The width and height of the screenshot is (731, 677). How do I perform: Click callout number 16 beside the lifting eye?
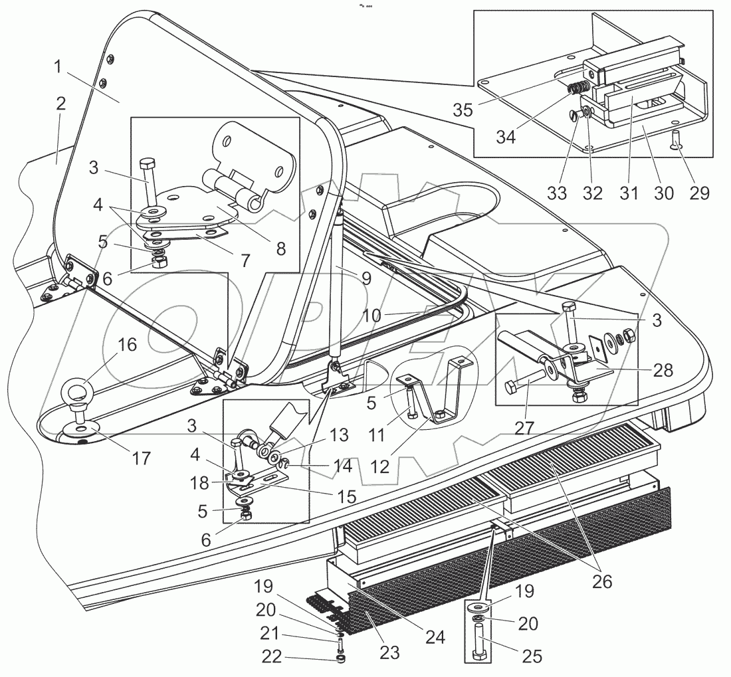[x=127, y=345]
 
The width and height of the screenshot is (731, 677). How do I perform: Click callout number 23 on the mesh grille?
[x=389, y=653]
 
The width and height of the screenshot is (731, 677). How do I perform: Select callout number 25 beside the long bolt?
[x=531, y=656]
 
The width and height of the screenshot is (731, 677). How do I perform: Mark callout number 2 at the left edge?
[x=60, y=103]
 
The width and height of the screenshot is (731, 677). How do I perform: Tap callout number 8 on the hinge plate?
[x=280, y=248]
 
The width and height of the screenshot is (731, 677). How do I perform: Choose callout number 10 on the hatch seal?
[x=372, y=315]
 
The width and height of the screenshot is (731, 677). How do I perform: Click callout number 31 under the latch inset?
[x=629, y=193]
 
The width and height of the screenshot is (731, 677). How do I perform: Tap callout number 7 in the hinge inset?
[x=245, y=261]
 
